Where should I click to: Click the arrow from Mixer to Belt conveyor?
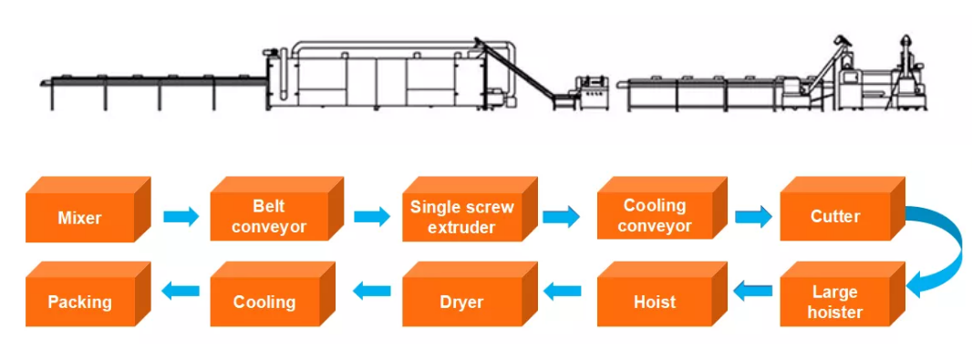(181, 217)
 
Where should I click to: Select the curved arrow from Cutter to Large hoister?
(953, 248)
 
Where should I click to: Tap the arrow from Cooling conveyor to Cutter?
(753, 217)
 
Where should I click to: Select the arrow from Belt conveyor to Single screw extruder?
(372, 217)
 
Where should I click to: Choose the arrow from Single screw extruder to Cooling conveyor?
(561, 217)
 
